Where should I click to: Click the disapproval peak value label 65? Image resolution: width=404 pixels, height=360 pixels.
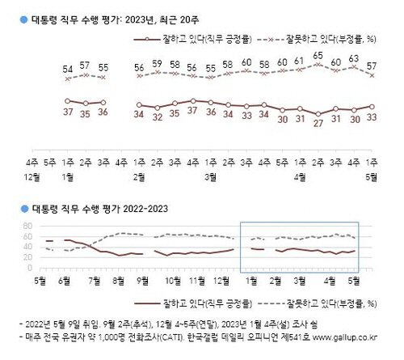pos(318,55)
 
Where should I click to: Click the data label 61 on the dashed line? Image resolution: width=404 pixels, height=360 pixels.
pos(300,61)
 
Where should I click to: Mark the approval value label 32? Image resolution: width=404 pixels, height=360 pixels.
pos(158,116)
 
